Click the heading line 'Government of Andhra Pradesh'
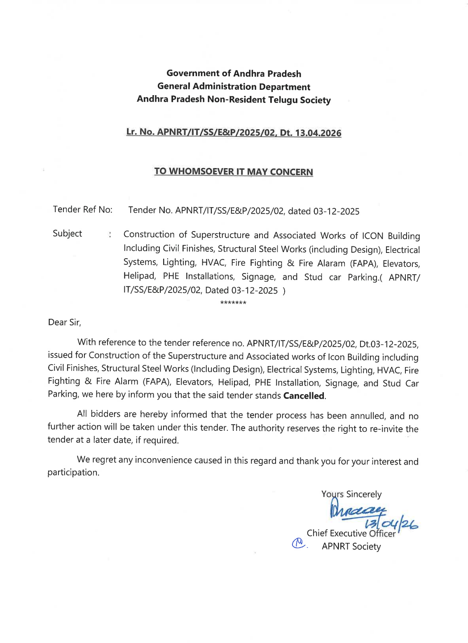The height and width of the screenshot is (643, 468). coord(234,74)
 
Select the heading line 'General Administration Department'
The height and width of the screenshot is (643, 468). coord(234,87)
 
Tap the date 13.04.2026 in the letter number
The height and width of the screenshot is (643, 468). coord(318,133)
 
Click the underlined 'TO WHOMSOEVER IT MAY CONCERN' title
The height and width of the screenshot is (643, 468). coord(234,172)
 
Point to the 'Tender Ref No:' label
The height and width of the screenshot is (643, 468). coord(82,210)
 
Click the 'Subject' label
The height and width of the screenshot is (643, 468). coord(67,234)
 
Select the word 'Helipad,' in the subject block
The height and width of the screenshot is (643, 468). coord(140,276)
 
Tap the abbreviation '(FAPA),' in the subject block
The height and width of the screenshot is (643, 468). coord(364,263)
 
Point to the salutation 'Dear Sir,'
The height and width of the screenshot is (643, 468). coord(64,323)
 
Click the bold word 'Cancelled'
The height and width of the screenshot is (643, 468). coord(304,396)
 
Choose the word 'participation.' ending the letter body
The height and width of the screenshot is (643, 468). coord(73,472)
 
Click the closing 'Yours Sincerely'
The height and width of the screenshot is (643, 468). coord(351,494)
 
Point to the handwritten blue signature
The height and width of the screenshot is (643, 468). coord(356,511)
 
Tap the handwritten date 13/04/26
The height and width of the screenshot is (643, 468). coord(391,524)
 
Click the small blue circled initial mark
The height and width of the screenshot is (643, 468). coord(298,543)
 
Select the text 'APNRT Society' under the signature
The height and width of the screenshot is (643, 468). coord(351,547)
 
